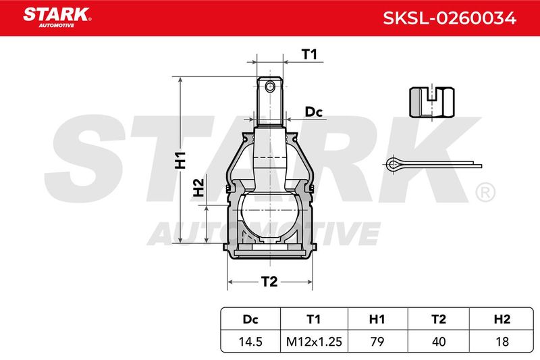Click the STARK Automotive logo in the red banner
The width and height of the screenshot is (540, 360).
[57, 17]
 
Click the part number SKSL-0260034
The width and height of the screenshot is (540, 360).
[450, 18]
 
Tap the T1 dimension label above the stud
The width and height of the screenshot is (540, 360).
[309, 55]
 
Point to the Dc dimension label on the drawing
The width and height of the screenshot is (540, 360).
[313, 112]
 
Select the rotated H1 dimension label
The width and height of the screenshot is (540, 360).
[180, 160]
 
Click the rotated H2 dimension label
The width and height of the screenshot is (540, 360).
[198, 188]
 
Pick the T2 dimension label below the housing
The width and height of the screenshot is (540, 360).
[269, 282]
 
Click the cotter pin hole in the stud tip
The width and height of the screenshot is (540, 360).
[270, 87]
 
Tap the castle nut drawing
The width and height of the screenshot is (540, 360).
[432, 102]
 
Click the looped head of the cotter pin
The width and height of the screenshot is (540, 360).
[393, 165]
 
